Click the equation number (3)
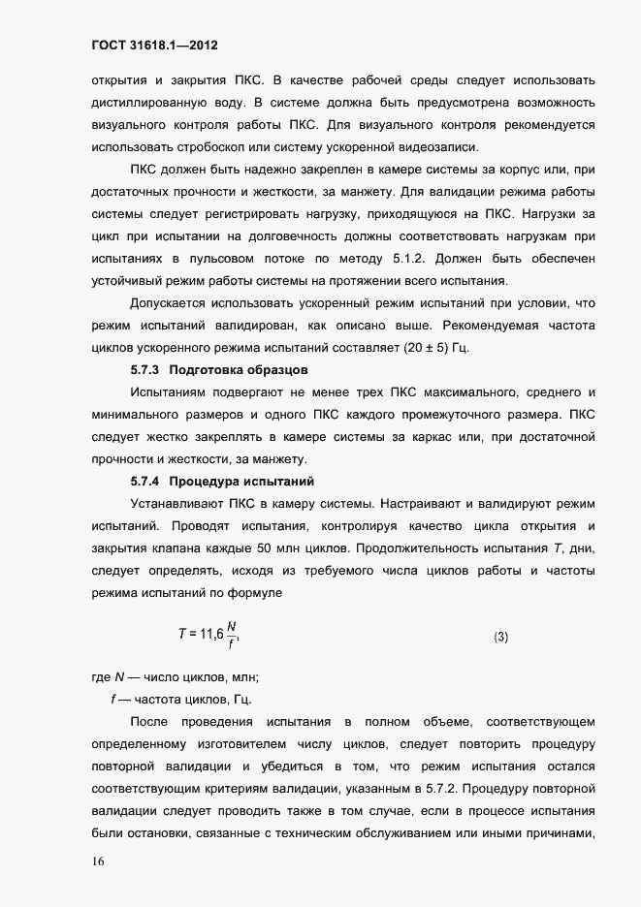point(501,637)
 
